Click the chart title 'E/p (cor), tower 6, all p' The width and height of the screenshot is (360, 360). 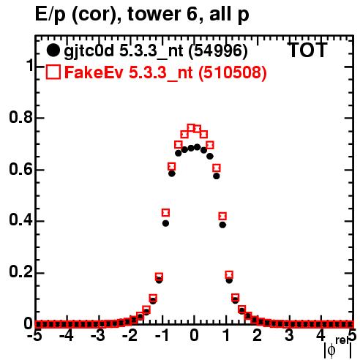(142, 15)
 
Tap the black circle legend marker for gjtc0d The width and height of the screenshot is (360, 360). (53, 50)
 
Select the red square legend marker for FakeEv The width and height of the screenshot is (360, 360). (53, 72)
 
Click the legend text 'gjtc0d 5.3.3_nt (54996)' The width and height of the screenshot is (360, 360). (156, 51)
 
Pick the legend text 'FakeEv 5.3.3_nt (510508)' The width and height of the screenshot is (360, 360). (166, 72)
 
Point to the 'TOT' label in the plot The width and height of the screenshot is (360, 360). (307, 50)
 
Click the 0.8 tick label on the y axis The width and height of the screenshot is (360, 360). (20, 118)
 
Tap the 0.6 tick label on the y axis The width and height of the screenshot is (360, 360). (20, 169)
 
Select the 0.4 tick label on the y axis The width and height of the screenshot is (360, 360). (20, 220)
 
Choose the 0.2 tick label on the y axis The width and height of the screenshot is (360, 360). (20, 272)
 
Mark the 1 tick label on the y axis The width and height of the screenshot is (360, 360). (29, 66)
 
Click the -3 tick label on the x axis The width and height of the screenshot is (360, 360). (98, 336)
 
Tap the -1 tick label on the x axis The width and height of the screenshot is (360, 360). (162, 336)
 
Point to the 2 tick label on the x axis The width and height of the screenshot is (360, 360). (258, 336)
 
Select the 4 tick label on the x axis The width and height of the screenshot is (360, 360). (321, 336)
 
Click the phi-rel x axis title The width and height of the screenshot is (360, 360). (338, 348)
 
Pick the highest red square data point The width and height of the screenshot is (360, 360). (191, 127)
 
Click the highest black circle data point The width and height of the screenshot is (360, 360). (198, 147)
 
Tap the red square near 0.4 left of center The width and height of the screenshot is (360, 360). (165, 213)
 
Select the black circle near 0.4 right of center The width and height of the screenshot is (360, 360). (222, 225)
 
